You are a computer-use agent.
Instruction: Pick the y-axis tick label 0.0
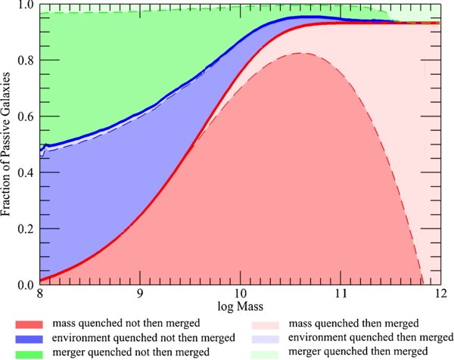(26, 285)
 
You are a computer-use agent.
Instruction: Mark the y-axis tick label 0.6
(26, 117)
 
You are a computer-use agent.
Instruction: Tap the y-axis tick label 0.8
(26, 61)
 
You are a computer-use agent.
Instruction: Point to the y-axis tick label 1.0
(26, 5)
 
